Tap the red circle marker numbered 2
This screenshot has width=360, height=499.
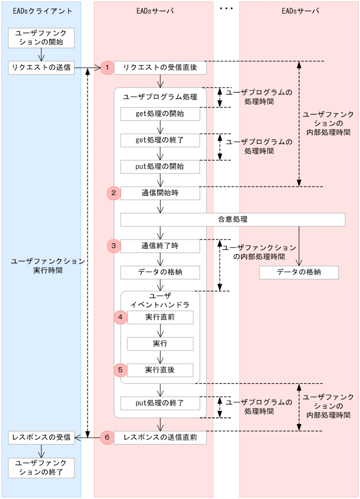click(114, 193)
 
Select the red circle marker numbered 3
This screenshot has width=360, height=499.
click(114, 245)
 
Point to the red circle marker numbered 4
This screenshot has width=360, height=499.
click(121, 317)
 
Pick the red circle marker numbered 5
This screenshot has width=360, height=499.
click(121, 370)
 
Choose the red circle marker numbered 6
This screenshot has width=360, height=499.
click(107, 437)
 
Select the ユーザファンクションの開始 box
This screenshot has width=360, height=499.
click(41, 38)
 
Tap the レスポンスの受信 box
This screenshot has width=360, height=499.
click(41, 437)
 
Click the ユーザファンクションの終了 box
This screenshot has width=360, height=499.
click(41, 468)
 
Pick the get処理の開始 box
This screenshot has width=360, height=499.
click(160, 114)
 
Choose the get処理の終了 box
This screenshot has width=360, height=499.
click(160, 140)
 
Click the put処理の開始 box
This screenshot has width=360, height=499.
click(160, 167)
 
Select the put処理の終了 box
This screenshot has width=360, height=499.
click(160, 403)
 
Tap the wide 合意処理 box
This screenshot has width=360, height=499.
click(233, 219)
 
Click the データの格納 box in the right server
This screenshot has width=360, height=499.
click(299, 273)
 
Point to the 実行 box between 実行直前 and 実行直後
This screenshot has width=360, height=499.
click(160, 343)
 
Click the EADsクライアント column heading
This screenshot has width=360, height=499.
click(41, 11)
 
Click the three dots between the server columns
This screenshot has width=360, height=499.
click(226, 9)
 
